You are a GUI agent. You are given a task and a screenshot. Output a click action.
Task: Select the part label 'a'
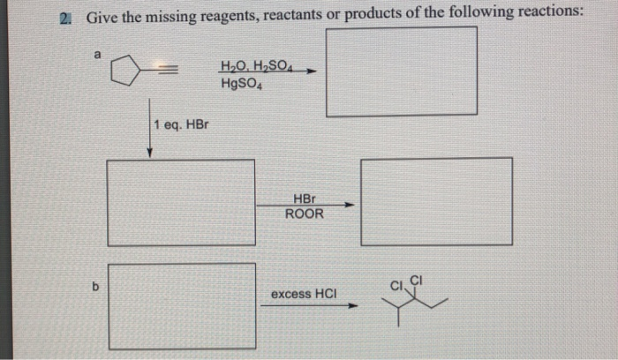[99, 55]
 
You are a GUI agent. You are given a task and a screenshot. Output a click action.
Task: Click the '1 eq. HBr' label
[181, 124]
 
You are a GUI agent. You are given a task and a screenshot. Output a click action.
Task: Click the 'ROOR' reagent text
[304, 214]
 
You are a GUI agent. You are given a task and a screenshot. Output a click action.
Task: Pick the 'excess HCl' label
[304, 293]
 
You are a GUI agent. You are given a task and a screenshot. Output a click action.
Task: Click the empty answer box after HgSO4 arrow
[402, 71]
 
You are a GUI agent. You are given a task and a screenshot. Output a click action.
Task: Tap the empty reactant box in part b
[183, 305]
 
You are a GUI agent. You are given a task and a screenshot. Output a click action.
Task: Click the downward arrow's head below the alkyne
[150, 153]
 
